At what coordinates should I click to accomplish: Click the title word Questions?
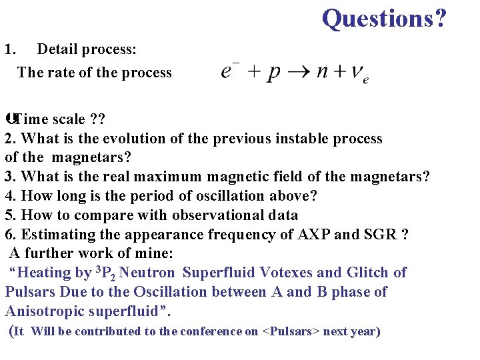[x=384, y=18]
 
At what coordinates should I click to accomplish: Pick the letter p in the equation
[x=273, y=73]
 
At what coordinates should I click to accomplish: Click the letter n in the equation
[x=322, y=73]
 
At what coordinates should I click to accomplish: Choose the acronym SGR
[x=386, y=235]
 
